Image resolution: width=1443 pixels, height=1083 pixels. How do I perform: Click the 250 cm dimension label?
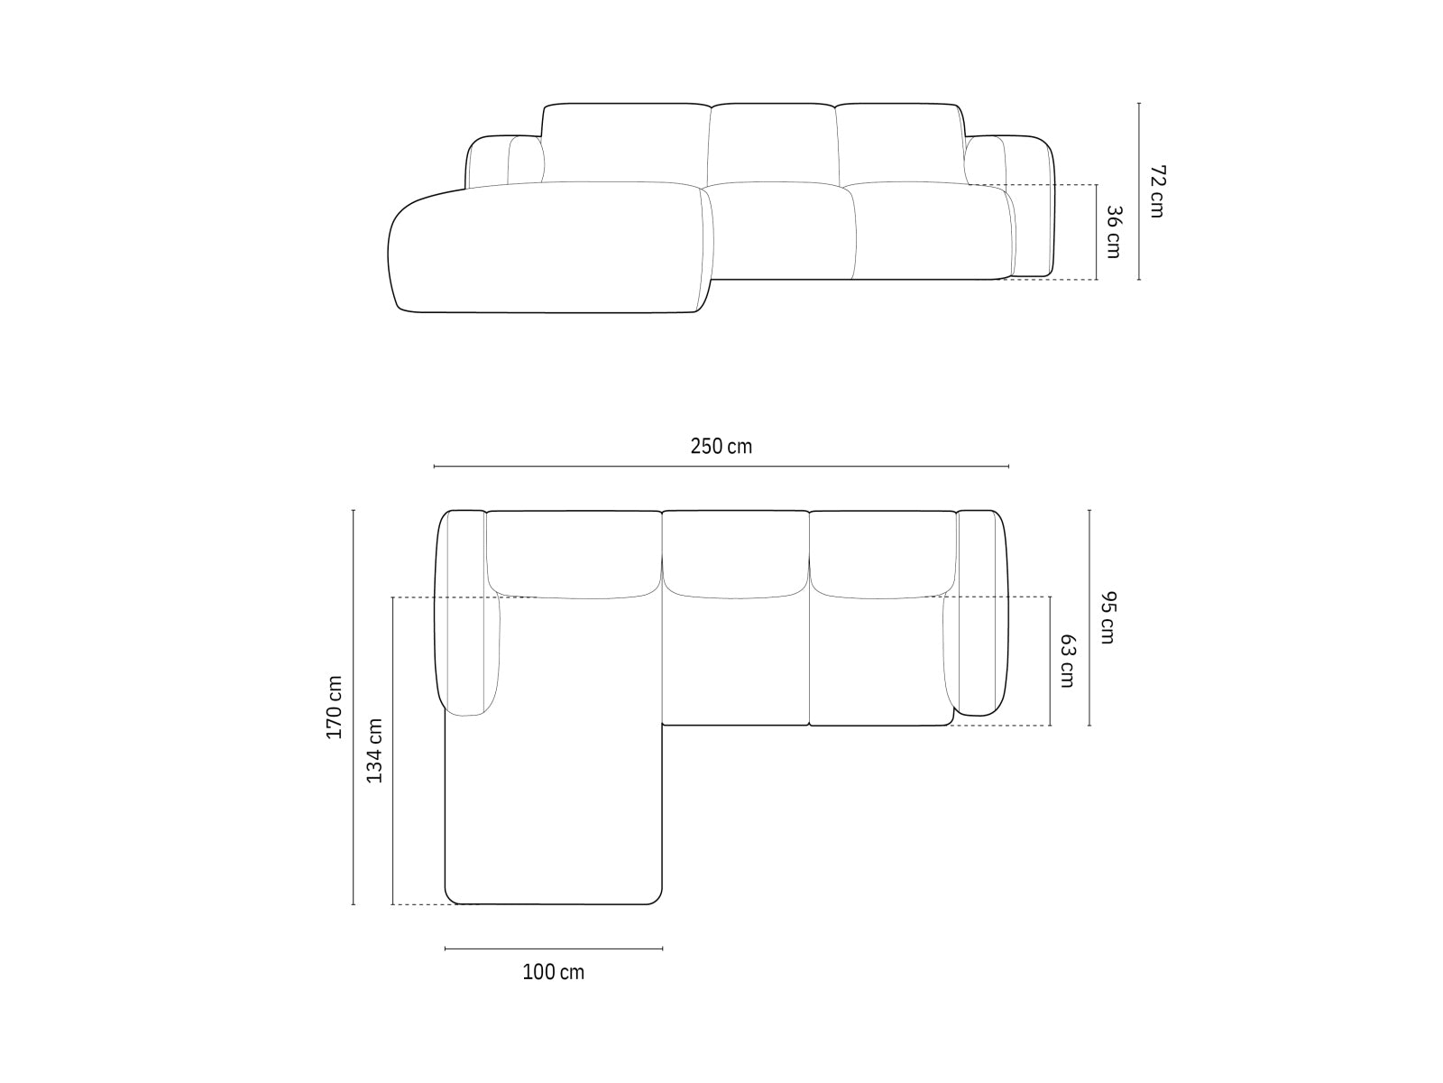pyautogui.click(x=721, y=446)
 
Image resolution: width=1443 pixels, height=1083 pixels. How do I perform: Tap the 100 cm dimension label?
pyautogui.click(x=553, y=972)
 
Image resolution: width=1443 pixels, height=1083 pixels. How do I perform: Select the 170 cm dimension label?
pyautogui.click(x=335, y=707)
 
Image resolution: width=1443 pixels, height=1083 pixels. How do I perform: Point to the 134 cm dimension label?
pyautogui.click(x=374, y=750)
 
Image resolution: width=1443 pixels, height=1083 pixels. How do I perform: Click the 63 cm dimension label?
pyautogui.click(x=1067, y=661)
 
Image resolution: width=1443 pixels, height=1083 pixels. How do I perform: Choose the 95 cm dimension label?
pyautogui.click(x=1108, y=617)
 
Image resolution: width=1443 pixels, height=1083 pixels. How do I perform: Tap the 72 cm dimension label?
pyautogui.click(x=1157, y=191)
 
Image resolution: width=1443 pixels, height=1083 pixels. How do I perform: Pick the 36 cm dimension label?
pyautogui.click(x=1113, y=232)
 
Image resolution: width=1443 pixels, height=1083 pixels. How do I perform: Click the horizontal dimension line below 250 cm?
pyautogui.click(x=721, y=467)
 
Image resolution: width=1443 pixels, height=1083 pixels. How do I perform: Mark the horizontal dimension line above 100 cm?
pyautogui.click(x=553, y=949)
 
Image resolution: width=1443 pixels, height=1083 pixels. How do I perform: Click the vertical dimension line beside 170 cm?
pyautogui.click(x=354, y=707)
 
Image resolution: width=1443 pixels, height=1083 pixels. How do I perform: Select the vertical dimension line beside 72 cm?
pyautogui.click(x=1139, y=191)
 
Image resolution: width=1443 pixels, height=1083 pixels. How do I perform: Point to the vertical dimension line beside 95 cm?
pyautogui.click(x=1089, y=617)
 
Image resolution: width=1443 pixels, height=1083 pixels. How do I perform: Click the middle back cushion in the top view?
pyautogui.click(x=736, y=552)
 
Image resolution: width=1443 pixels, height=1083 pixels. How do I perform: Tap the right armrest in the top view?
pyautogui.click(x=981, y=614)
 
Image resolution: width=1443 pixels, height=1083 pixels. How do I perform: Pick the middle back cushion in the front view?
pyautogui.click(x=772, y=144)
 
